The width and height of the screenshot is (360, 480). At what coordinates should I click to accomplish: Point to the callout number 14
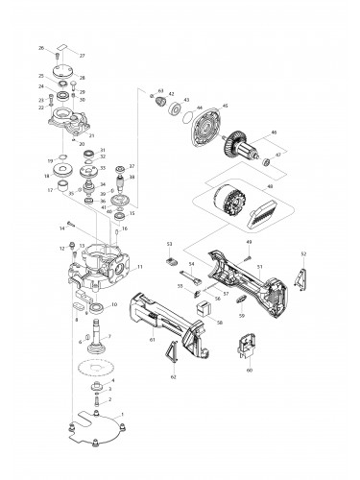tap(60, 228)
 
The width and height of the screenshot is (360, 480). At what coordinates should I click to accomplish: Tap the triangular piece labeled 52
tap(303, 277)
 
